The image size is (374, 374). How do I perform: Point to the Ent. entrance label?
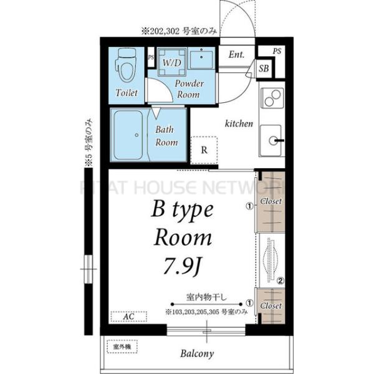click(x=236, y=55)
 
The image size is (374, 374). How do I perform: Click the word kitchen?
click(x=239, y=123)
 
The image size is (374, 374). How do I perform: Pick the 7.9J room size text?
click(x=182, y=267)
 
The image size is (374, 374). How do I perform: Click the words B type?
click(x=182, y=210)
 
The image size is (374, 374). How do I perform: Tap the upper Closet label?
click(x=271, y=201)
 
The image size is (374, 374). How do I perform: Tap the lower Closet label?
click(x=271, y=306)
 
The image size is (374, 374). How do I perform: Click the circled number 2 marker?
click(x=280, y=281)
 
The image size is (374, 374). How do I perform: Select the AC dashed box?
click(x=128, y=317)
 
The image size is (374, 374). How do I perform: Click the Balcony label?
click(x=197, y=353)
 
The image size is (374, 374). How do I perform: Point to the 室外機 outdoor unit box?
click(x=120, y=345)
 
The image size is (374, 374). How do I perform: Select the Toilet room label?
click(x=127, y=93)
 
